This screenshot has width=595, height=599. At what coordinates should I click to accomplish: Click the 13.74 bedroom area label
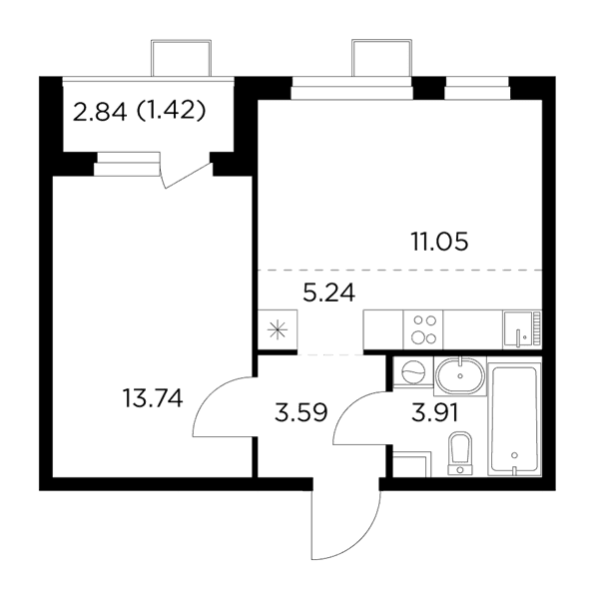pos(153,397)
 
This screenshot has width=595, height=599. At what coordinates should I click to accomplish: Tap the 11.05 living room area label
pos(439,242)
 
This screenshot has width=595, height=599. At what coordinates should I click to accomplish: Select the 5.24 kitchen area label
pos(328,294)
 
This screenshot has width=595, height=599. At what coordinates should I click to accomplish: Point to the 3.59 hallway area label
pos(301,412)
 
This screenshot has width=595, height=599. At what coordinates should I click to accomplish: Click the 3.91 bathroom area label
pos(435,412)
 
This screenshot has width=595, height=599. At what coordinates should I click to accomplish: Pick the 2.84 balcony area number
pos(100,112)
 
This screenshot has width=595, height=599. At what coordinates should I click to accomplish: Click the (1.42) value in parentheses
pos(171,112)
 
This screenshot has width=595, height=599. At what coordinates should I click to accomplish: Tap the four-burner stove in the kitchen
pos(423,329)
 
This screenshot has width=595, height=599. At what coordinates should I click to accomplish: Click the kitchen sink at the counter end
pos(522,329)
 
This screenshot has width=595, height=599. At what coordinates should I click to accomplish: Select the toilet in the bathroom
pos(460,453)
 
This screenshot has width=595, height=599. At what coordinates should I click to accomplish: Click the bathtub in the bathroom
pos(514,416)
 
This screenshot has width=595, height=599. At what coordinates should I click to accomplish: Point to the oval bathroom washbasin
pos(460,376)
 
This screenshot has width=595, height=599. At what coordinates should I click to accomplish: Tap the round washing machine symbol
pos(413,371)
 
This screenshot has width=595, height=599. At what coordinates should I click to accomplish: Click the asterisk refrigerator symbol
pos(278,330)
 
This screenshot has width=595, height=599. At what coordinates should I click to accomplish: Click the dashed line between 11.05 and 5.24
pos(400,271)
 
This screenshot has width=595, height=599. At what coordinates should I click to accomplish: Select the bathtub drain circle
pos(514,455)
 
